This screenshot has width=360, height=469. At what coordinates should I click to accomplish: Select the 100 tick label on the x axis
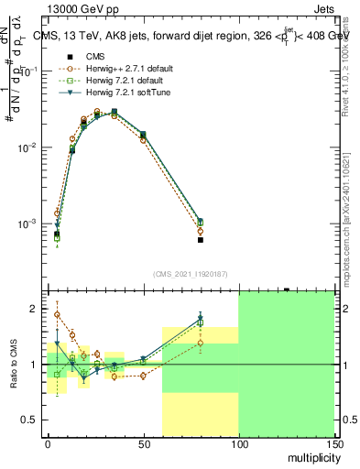(x=238, y=443)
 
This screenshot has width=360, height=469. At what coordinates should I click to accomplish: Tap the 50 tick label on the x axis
(x=143, y=443)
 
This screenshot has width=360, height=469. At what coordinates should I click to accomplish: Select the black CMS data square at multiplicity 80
(x=201, y=240)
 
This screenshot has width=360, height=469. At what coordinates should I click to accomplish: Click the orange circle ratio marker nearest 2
(x=57, y=314)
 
